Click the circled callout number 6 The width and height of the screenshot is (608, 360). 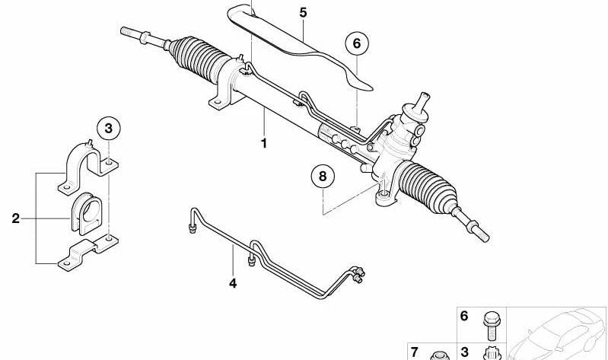[x=357, y=44]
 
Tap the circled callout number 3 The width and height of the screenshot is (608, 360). [x=109, y=129]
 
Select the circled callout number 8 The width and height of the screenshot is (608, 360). [x=323, y=177]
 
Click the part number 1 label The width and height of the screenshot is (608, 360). [x=264, y=143]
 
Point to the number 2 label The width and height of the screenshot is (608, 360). [x=15, y=218]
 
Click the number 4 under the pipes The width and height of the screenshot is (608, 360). [x=233, y=283]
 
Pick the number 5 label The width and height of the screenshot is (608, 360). [x=303, y=12]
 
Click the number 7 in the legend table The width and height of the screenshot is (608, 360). [x=415, y=352]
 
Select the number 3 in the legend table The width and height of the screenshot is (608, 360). [x=464, y=352]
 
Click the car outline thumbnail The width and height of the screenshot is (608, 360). [x=557, y=334]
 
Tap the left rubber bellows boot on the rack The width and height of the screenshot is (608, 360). [x=198, y=58]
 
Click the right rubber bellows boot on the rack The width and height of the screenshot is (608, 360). [x=428, y=187]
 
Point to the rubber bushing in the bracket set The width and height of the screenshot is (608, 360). [x=87, y=213]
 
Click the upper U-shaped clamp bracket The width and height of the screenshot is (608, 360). [x=88, y=167]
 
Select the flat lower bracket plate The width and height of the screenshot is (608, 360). [x=88, y=252]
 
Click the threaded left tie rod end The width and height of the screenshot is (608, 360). [x=145, y=37]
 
